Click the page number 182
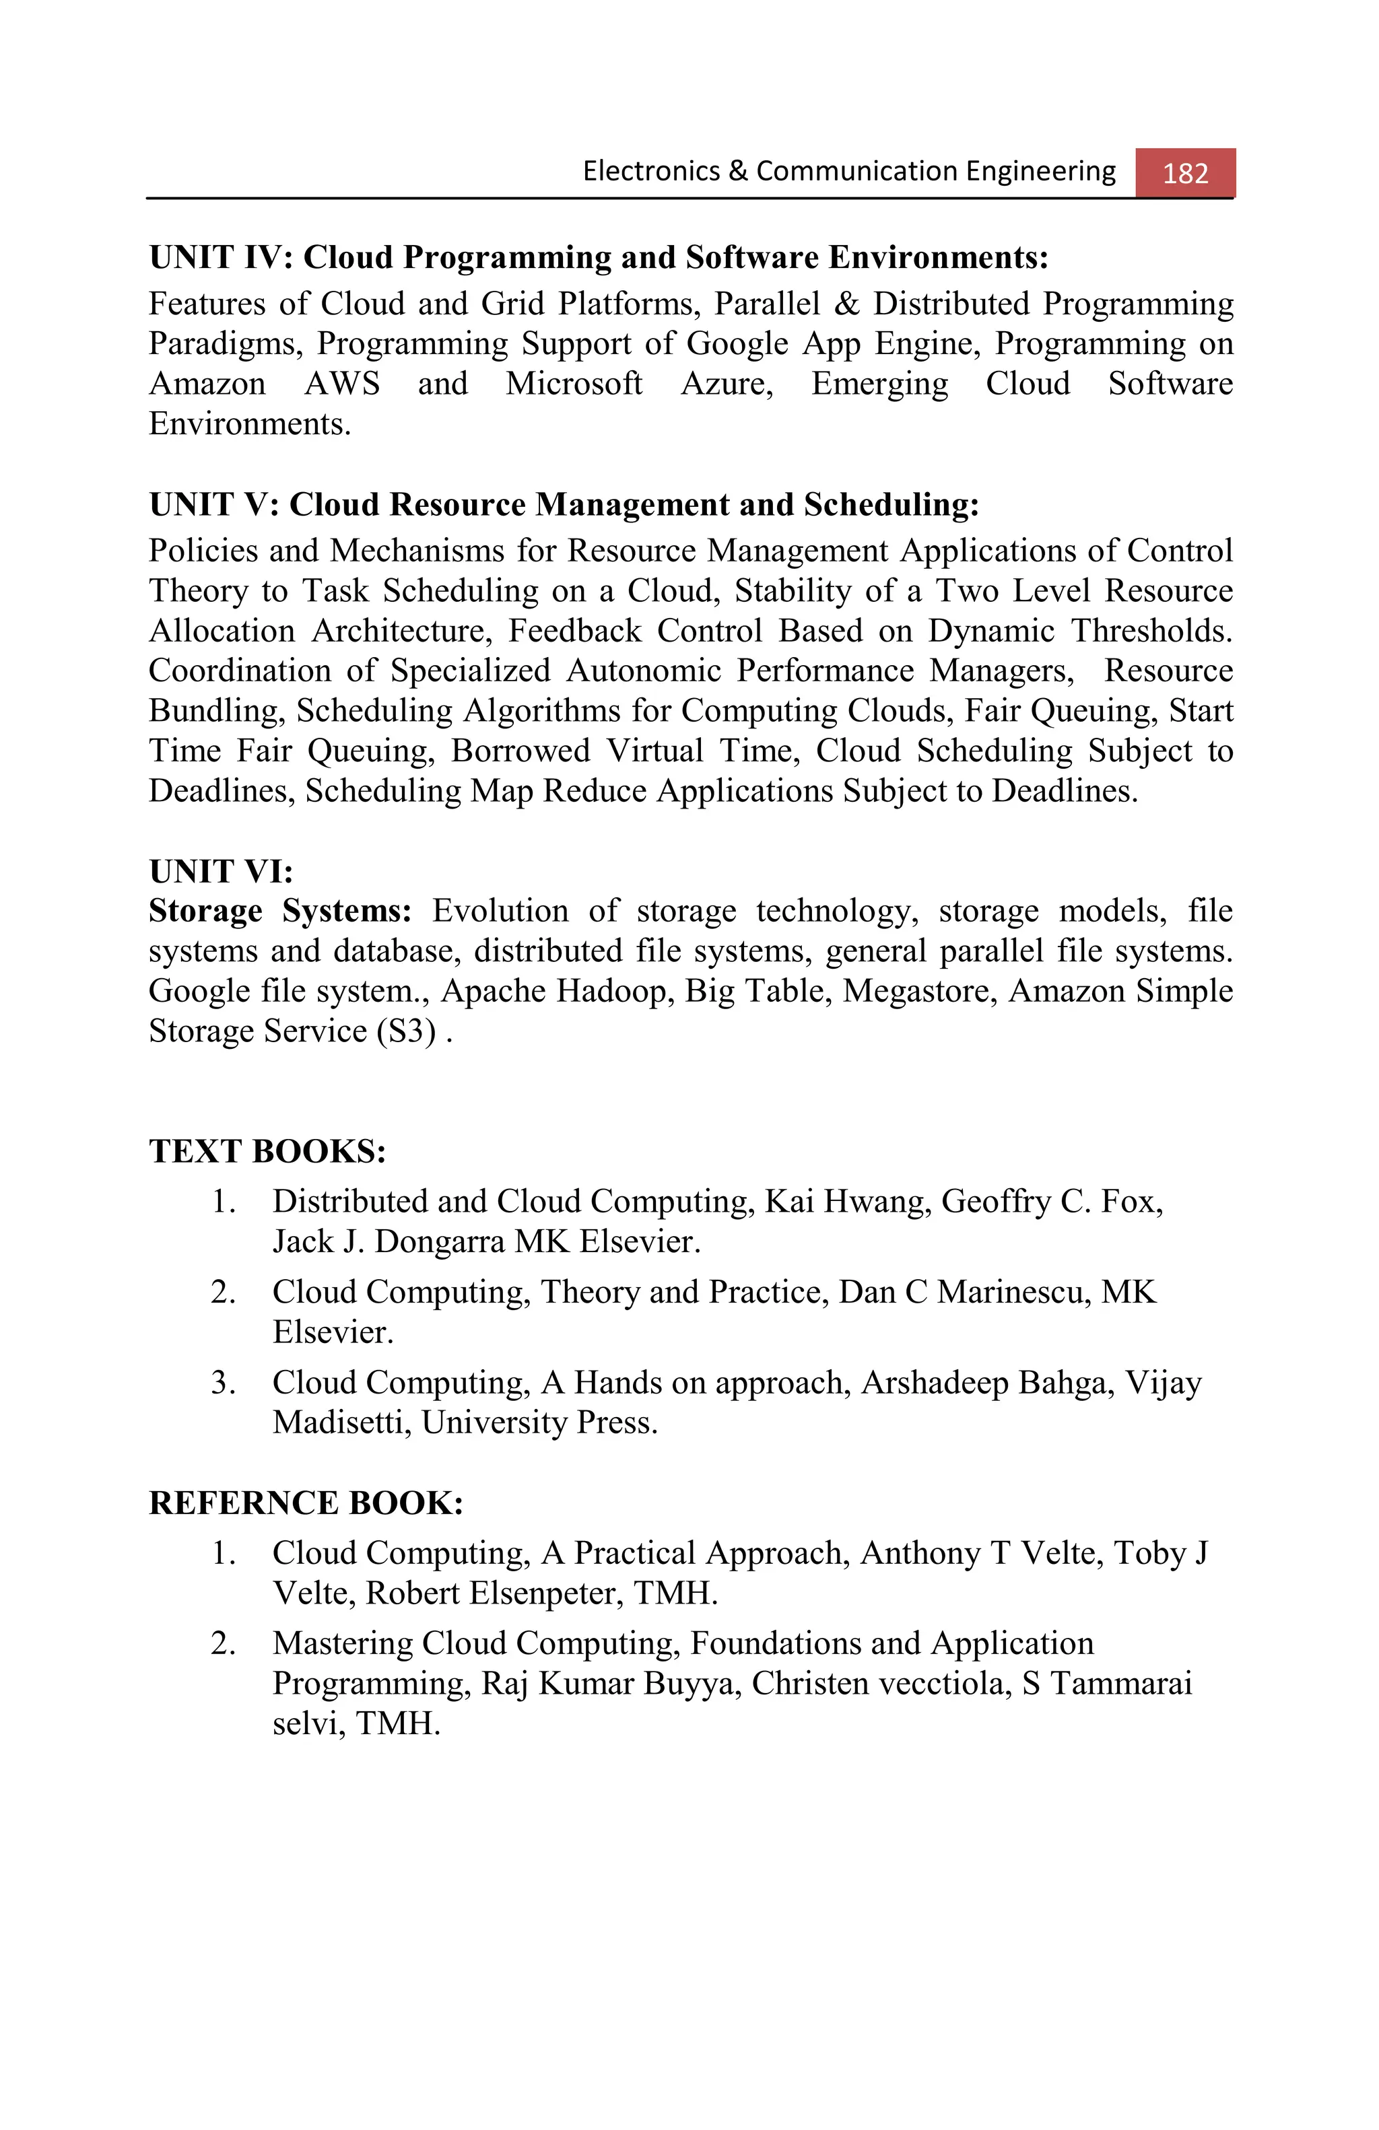coord(1185,173)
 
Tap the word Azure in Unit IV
coord(726,384)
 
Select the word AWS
coord(342,384)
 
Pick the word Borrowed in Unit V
coord(520,751)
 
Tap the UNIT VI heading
coord(221,871)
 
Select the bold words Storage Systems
coord(280,911)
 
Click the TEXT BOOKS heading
coord(267,1151)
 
